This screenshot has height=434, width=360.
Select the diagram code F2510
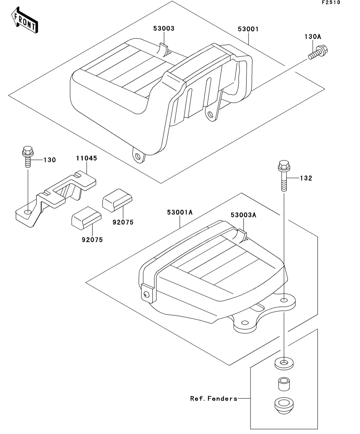(x=331, y=2)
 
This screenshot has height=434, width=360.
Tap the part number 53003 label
(x=164, y=28)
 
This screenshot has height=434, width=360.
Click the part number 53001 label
(x=248, y=29)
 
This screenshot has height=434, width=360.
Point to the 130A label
(x=313, y=37)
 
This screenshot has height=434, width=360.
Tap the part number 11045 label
(x=87, y=158)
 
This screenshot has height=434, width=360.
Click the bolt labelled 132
(x=284, y=175)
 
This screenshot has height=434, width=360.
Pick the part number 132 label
(x=306, y=178)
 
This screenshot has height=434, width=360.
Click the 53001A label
(x=180, y=212)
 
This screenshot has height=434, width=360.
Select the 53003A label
(x=243, y=215)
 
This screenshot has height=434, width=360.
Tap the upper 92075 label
(x=123, y=222)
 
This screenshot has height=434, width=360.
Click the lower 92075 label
(x=92, y=240)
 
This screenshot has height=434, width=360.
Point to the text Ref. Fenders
(x=213, y=399)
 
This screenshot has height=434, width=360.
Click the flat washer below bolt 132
(x=284, y=363)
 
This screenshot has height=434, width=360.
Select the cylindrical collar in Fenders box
(x=284, y=384)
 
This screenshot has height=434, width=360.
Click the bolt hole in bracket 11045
(x=28, y=212)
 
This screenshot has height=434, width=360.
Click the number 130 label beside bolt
(x=50, y=160)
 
